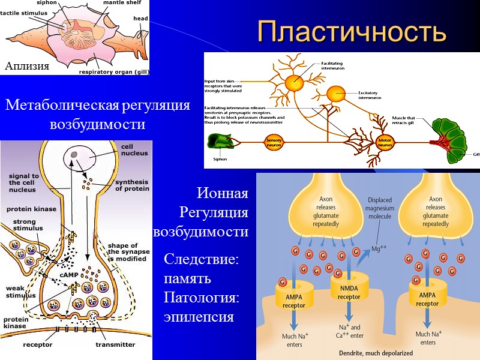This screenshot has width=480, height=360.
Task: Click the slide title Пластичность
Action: pyautogui.click(x=352, y=32)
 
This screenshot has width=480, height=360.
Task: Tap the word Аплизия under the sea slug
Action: pyautogui.click(x=26, y=66)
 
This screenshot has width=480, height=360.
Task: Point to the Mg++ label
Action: pyautogui.click(x=379, y=248)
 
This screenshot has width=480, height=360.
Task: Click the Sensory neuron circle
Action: pyautogui.click(x=274, y=142)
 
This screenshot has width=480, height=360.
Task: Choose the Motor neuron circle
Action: pyautogui.click(x=384, y=142)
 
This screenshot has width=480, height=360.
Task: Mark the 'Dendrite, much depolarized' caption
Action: pyautogui.click(x=368, y=353)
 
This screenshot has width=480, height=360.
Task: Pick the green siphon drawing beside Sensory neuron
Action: pyautogui.click(x=220, y=142)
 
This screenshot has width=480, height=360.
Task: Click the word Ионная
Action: pyautogui.click(x=222, y=193)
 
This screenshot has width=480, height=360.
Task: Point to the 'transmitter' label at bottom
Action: pyautogui.click(x=115, y=344)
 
